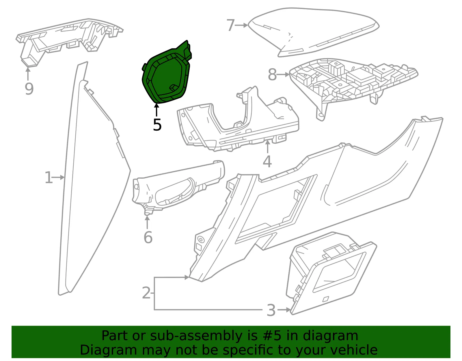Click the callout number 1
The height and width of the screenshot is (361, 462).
point(49,177)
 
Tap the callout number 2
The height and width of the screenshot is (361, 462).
point(146,293)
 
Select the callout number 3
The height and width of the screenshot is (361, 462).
point(271,310)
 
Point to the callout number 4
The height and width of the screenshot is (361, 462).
point(267,162)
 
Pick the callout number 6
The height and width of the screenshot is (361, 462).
point(148,237)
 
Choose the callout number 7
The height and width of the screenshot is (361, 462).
point(230,25)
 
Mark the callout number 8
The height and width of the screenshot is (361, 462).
point(272,75)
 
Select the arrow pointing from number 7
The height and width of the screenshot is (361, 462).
point(242,25)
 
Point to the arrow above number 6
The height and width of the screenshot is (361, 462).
point(147,222)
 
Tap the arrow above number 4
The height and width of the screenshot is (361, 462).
point(268,147)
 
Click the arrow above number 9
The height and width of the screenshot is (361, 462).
point(28,73)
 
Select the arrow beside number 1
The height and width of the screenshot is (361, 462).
point(58,177)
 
